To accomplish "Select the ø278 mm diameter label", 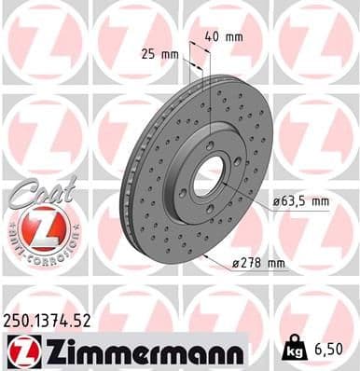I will click(257, 263).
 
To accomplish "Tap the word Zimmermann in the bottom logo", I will click(140, 350).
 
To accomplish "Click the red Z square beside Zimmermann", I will click(20, 350).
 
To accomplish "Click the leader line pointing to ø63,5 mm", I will click(252, 191).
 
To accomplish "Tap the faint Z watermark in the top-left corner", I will click(42, 42).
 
